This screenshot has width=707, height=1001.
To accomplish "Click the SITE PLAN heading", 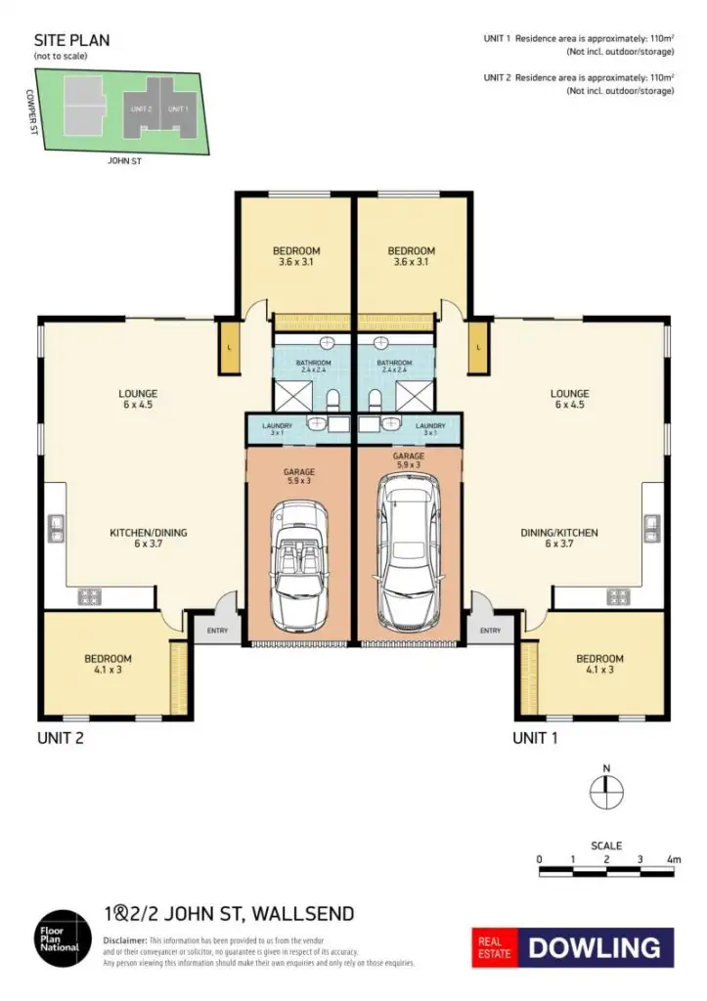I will click(71, 41).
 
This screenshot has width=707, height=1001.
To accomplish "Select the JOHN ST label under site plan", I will click(124, 160).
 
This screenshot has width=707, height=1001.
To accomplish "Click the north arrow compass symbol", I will click(606, 789).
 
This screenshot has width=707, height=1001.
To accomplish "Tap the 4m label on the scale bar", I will click(673, 858).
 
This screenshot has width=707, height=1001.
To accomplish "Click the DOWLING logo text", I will click(596, 946).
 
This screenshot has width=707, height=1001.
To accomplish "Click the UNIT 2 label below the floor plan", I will click(60, 738).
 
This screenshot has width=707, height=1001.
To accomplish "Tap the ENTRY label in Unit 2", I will click(217, 631).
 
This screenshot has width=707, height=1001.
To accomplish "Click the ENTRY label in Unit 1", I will click(491, 631).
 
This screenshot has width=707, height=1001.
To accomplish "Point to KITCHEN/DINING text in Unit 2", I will click(148, 534).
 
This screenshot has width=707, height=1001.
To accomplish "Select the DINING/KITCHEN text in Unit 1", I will click(558, 534).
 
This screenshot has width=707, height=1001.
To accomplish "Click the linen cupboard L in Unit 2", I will click(228, 348).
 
